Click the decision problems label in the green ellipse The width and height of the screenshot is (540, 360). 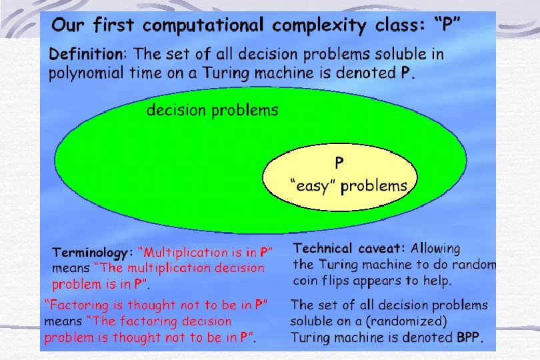point(212,110)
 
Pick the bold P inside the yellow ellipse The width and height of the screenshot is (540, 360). point(339,162)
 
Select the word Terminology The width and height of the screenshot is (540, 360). point(93,253)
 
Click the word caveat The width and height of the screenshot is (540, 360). point(385,249)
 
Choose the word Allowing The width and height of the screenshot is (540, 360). point(435,249)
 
